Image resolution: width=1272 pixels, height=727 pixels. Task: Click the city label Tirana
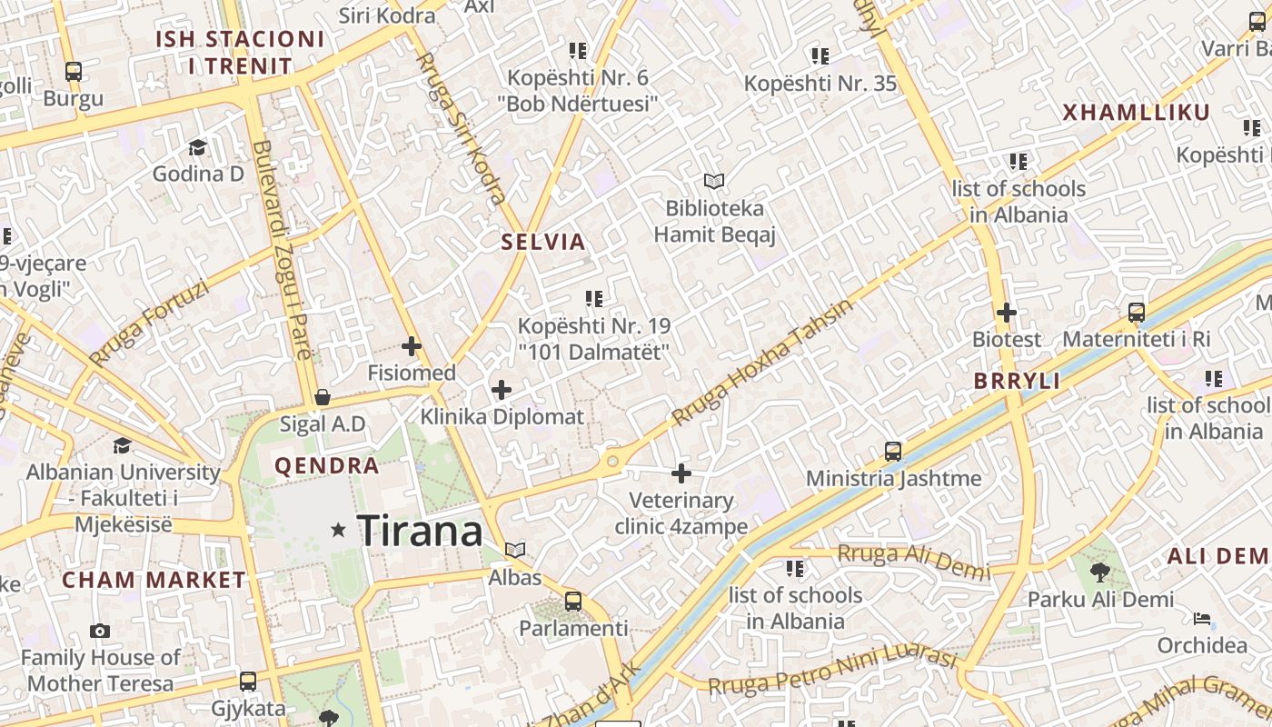(x=420, y=531)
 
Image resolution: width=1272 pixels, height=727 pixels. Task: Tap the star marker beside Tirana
(x=339, y=529)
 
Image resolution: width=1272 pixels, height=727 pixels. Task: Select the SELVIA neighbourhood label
(x=543, y=243)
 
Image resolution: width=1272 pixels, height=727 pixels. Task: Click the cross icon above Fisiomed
(x=412, y=346)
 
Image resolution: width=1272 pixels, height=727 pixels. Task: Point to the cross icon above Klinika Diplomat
(x=502, y=391)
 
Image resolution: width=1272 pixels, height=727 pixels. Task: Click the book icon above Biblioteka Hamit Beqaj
(x=715, y=182)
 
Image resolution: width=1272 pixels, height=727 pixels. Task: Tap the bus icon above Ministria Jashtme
(x=893, y=452)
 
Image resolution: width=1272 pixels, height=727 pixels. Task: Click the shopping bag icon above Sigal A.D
(x=323, y=397)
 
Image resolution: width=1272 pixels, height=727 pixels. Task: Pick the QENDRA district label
(x=327, y=466)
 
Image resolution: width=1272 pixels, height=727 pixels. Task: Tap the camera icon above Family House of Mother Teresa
(x=100, y=631)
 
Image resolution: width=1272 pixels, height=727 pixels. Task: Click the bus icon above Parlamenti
(x=573, y=601)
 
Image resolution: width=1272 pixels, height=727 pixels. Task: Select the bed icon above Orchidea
(x=1202, y=619)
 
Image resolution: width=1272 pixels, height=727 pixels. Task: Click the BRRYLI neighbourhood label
(x=1017, y=382)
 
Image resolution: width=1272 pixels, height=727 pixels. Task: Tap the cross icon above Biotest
(x=1007, y=313)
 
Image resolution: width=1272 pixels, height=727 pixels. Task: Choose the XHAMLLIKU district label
(x=1136, y=113)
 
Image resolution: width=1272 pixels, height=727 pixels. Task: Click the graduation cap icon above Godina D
(x=198, y=147)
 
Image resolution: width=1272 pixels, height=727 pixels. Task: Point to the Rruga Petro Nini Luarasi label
(x=832, y=672)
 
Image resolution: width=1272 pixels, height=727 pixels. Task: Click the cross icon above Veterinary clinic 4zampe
(x=681, y=473)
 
